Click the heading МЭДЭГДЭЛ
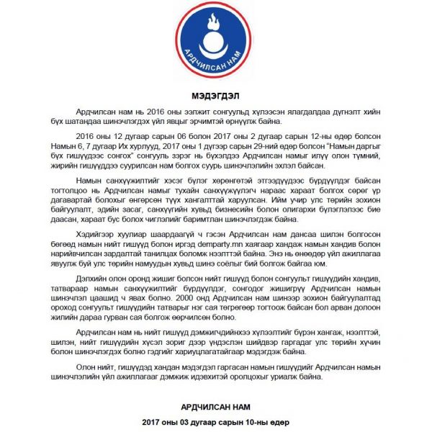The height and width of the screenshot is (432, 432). coord(215,96)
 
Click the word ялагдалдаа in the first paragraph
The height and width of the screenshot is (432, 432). coord(296,112)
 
